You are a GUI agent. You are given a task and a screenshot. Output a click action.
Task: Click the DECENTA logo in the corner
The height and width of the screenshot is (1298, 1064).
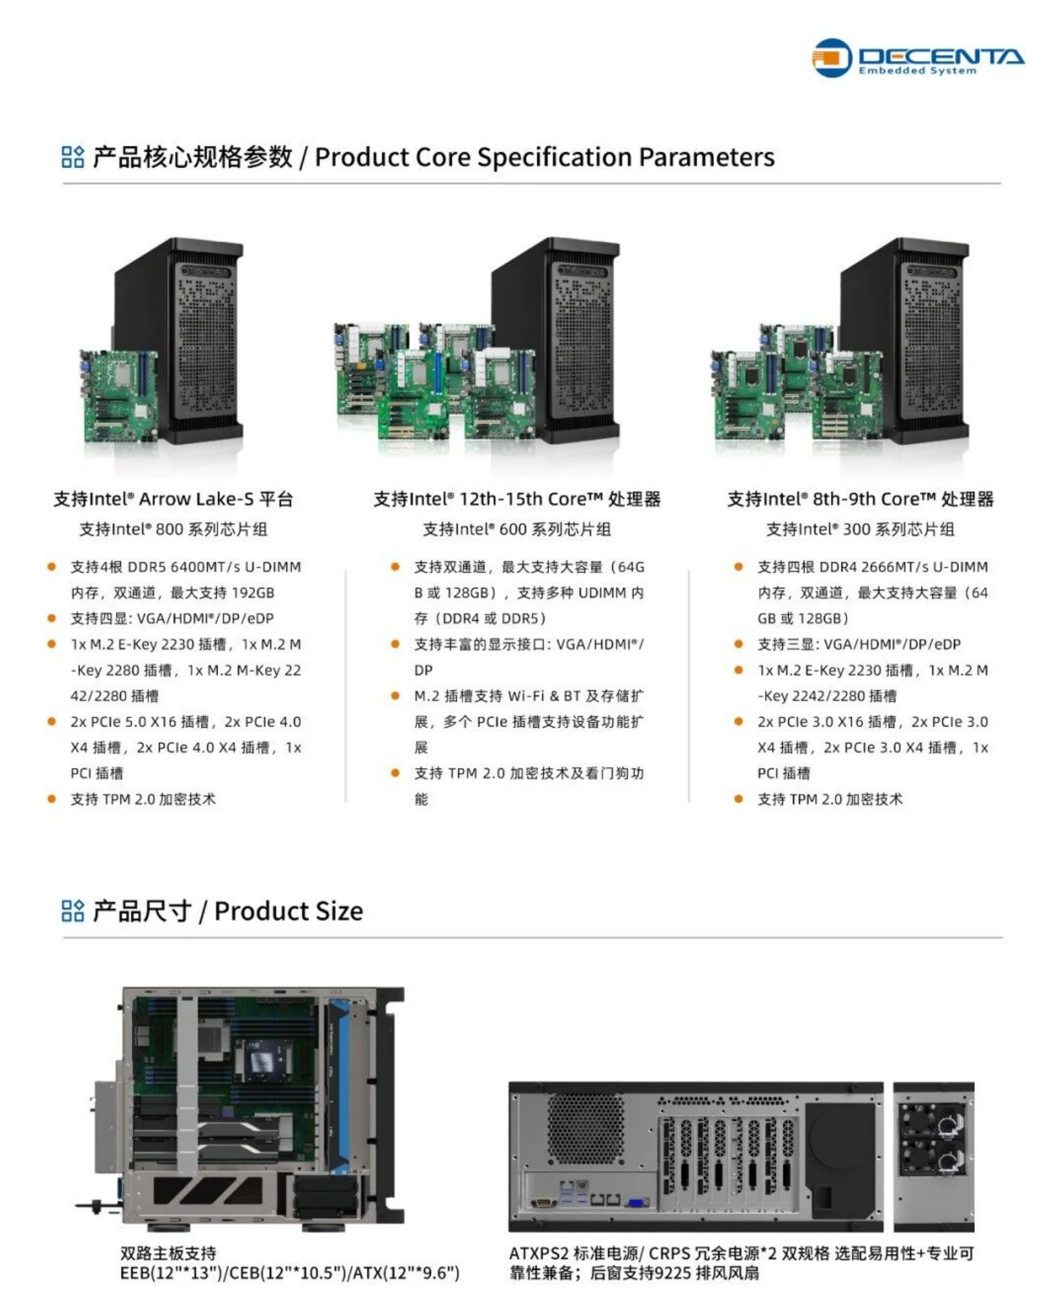coord(918,58)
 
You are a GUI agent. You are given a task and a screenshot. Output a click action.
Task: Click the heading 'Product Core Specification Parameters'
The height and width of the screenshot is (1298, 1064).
coord(544,157)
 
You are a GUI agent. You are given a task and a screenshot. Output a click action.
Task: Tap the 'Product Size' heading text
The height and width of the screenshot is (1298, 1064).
coord(289,911)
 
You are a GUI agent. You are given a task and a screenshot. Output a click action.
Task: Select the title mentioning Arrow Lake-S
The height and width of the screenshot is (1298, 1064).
coord(173,499)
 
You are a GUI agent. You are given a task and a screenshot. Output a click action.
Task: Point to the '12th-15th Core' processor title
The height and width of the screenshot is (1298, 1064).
coord(517,499)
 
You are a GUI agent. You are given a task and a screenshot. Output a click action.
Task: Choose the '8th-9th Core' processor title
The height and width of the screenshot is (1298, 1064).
coord(860,499)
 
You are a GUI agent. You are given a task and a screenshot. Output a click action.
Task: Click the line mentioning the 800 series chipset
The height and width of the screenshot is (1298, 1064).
coord(173,529)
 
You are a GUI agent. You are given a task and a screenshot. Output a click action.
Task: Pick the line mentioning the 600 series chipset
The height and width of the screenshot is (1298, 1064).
coord(517,529)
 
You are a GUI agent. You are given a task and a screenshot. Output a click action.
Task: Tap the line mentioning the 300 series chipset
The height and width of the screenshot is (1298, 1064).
coord(860,529)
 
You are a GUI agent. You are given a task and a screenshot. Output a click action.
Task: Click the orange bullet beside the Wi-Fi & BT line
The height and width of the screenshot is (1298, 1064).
coord(395,696)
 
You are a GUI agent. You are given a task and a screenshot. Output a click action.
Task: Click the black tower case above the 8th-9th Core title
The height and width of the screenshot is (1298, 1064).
coord(904,340)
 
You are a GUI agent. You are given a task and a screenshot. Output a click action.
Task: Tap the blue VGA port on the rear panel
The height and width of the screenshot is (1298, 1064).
coord(637,1203)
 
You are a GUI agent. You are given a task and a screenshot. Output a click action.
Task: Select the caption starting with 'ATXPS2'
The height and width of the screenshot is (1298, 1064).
coord(741,1263)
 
